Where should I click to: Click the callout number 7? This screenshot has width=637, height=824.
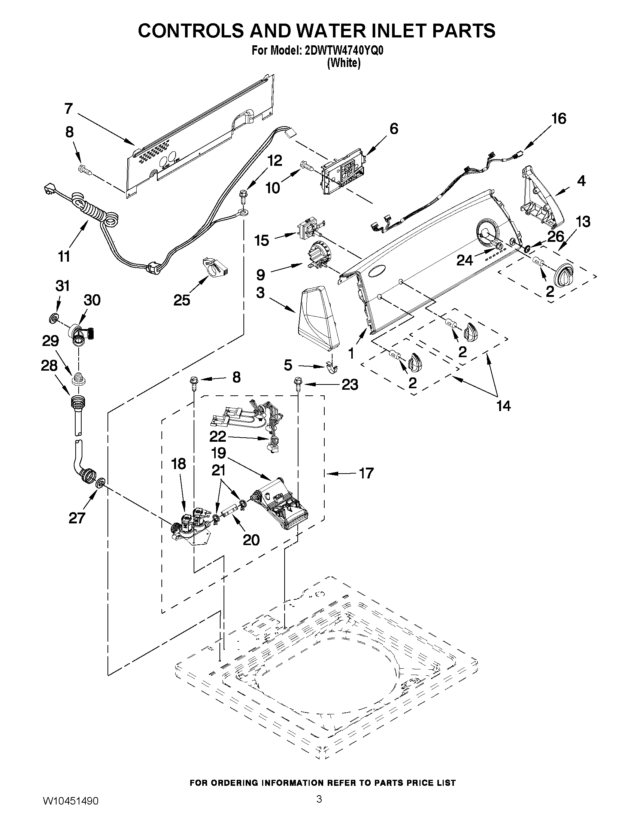(68, 109)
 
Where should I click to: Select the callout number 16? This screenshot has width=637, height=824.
(559, 119)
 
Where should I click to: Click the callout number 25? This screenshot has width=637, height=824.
(182, 300)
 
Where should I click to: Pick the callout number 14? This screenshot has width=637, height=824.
(503, 405)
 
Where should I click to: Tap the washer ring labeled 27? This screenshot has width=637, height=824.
(100, 483)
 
